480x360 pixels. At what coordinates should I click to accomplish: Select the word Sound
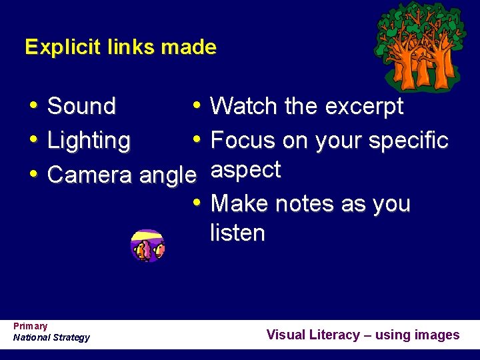click(x=82, y=106)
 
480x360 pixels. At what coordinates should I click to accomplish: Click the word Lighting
click(x=89, y=141)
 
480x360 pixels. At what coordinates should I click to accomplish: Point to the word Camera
click(x=91, y=175)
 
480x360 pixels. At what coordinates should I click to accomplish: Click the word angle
click(x=168, y=176)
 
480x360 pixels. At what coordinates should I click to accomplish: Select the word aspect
click(x=245, y=171)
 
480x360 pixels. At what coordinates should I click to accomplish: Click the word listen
click(x=237, y=233)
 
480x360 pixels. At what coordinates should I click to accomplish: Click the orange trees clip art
click(x=419, y=47)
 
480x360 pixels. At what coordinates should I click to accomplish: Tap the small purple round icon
click(x=147, y=246)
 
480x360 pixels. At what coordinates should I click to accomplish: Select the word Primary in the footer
click(x=31, y=326)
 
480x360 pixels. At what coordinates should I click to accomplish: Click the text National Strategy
click(x=51, y=337)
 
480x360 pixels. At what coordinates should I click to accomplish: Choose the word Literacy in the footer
click(x=334, y=335)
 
